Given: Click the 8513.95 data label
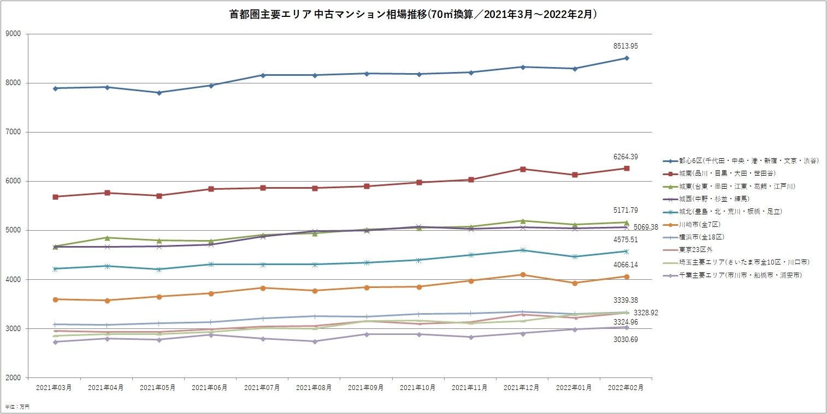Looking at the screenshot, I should point(626,46).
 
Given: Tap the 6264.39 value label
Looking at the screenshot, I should point(626,157).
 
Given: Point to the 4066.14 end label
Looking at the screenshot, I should point(626,265).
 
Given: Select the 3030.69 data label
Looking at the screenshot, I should point(626,340).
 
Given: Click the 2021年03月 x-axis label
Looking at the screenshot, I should point(54,388).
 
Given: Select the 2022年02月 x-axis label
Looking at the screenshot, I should point(626,388).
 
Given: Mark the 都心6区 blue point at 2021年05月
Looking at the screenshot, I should point(159,93).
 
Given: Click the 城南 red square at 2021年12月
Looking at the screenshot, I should point(523,169).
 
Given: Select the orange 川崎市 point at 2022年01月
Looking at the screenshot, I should point(575,283).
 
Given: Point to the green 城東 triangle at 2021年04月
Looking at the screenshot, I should point(107,238).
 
